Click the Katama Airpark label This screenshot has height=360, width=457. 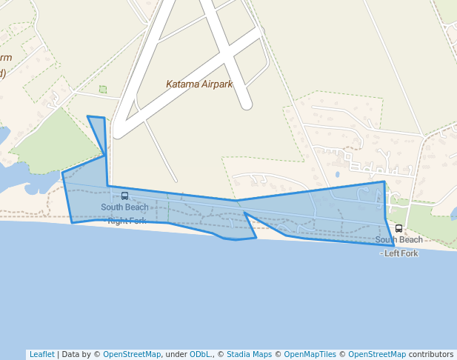pos(199,84)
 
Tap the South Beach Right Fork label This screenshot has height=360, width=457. pos(125,213)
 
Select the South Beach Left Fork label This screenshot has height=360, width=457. pos(398,246)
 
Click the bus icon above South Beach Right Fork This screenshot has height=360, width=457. pos(124,196)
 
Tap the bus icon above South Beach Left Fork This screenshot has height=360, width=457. pos(398,229)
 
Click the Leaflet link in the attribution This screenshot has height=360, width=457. pos(41,354)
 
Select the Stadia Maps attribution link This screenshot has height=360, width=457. pos(249,354)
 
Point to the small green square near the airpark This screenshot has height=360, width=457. pos(103,90)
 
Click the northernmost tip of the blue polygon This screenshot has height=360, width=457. pos(88,116)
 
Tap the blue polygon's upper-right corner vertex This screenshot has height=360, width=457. pos(384,181)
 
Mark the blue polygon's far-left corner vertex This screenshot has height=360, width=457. pos(62,173)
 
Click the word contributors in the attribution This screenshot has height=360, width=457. pos(431,354)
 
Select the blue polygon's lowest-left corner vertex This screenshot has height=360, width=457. pos(72,222)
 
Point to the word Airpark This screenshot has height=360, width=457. pos(217,84)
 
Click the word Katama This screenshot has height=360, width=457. pos(182,84)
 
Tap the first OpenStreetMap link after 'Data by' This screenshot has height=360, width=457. pos(132,354)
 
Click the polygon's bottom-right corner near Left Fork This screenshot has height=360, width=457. pos(393,244)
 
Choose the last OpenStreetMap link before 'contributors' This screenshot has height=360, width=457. pos(377,354)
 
